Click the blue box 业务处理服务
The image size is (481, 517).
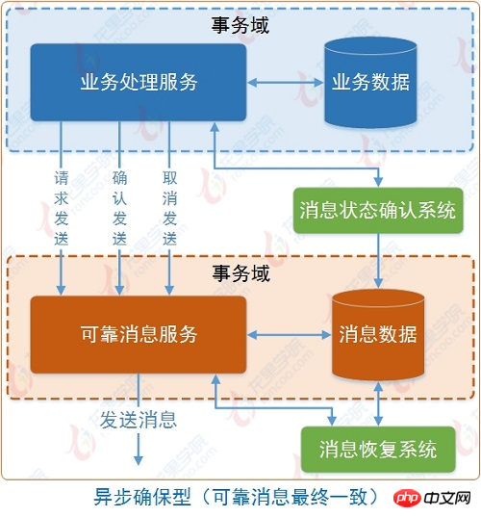pyautogui.click(x=139, y=82)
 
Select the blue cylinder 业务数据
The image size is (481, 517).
pyautogui.click(x=370, y=82)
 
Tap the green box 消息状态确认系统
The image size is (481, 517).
pyautogui.click(x=378, y=210)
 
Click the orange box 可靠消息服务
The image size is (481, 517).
pyautogui.click(x=139, y=335)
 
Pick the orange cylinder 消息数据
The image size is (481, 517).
pyautogui.click(x=378, y=335)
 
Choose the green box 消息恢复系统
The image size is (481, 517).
pyautogui.click(x=378, y=449)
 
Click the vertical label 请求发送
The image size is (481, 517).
pyautogui.click(x=62, y=208)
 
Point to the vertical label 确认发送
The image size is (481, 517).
pyautogui.click(x=119, y=208)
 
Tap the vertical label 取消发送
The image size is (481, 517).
pyautogui.click(x=169, y=208)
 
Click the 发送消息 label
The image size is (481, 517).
pyautogui.click(x=139, y=420)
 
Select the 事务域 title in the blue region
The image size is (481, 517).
pyautogui.click(x=240, y=25)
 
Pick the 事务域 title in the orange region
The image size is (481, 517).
pyautogui.click(x=240, y=273)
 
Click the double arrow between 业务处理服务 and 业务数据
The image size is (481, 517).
pyautogui.click(x=286, y=83)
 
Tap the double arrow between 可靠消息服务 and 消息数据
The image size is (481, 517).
pyautogui.click(x=289, y=335)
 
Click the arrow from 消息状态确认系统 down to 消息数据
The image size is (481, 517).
pyautogui.click(x=378, y=261)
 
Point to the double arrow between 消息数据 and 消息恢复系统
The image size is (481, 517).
pyautogui.click(x=378, y=403)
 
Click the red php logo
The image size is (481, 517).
pyautogui.click(x=407, y=498)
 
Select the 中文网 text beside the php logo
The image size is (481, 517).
pyautogui.click(x=446, y=498)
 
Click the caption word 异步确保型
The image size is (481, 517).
pyautogui.click(x=142, y=497)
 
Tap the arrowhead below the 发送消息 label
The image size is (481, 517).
pyautogui.click(x=139, y=460)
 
